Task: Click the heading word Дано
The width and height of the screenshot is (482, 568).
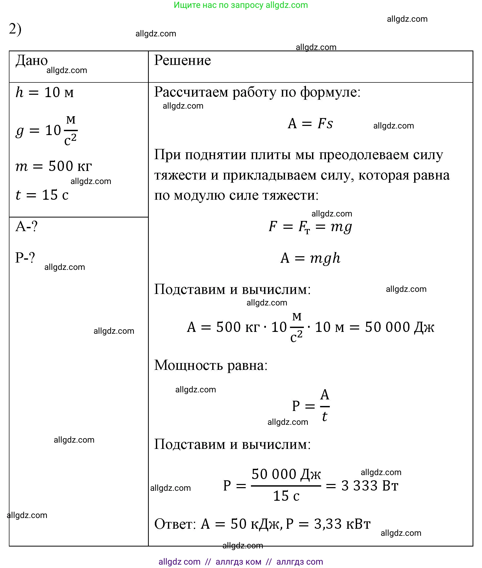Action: coord(31,60)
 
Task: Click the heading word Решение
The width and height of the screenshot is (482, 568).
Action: coord(182,60)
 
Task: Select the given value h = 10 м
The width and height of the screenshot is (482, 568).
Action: coord(45,92)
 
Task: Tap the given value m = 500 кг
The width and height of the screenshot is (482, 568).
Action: coord(53,166)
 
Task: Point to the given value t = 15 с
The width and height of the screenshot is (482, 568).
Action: coord(42,195)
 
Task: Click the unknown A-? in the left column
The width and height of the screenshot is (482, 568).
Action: coord(26,226)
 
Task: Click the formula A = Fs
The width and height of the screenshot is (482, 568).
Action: coord(310,124)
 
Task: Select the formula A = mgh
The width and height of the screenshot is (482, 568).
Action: coord(310,258)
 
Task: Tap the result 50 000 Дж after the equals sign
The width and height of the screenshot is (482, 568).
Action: coord(399,327)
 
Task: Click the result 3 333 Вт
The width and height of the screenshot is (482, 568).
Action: coord(369,486)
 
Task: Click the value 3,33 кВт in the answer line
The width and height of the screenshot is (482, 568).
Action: coord(342,524)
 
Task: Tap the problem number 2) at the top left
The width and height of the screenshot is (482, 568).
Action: coord(15,29)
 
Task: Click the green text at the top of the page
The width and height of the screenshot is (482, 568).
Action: coord(241,5)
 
